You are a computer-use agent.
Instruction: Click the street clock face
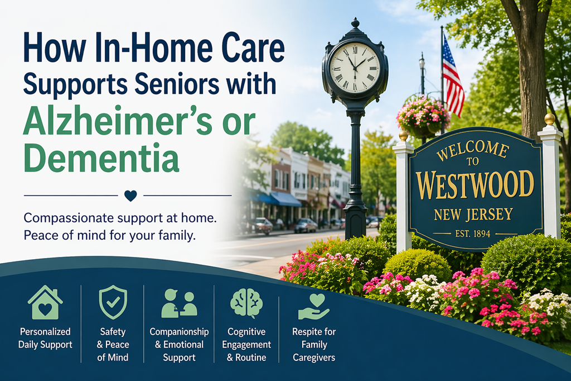(355, 68)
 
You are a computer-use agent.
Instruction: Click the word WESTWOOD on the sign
(475, 185)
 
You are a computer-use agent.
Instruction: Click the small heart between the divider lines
(130, 196)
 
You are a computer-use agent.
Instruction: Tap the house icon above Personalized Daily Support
(45, 303)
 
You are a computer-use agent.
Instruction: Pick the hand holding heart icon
(314, 306)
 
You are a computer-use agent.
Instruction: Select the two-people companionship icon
(179, 303)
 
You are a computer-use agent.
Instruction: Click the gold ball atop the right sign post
(550, 119)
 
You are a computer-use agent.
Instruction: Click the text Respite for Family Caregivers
(314, 345)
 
